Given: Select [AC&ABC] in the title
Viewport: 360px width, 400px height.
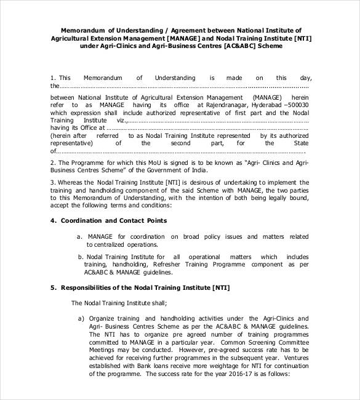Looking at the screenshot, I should (240, 46).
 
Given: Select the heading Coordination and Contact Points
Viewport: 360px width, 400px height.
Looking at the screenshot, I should (114, 220).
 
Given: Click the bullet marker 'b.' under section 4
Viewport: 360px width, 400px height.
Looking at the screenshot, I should (81, 257).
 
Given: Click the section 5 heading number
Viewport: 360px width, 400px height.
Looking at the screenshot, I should (54, 287).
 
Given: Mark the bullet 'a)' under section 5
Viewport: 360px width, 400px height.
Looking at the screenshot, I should (81, 318).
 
